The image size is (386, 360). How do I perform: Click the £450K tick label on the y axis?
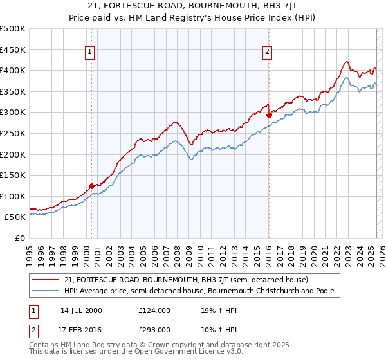pyautogui.click(x=12, y=50)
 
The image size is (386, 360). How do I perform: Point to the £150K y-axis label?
pyautogui.click(x=12, y=175)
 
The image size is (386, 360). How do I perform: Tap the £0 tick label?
pyautogui.click(x=19, y=238)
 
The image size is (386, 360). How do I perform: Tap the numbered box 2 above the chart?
pyautogui.click(x=267, y=53)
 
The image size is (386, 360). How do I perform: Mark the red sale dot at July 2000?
pyautogui.click(x=91, y=186)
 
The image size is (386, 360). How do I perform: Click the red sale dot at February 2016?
pyautogui.click(x=268, y=115)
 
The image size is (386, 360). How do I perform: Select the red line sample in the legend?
pyautogui.click(x=46, y=280)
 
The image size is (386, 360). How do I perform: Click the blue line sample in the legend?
pyautogui.click(x=46, y=291)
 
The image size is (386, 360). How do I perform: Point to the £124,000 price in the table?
pyautogui.click(x=154, y=310)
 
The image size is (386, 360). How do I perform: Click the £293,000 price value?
pyautogui.click(x=154, y=329)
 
